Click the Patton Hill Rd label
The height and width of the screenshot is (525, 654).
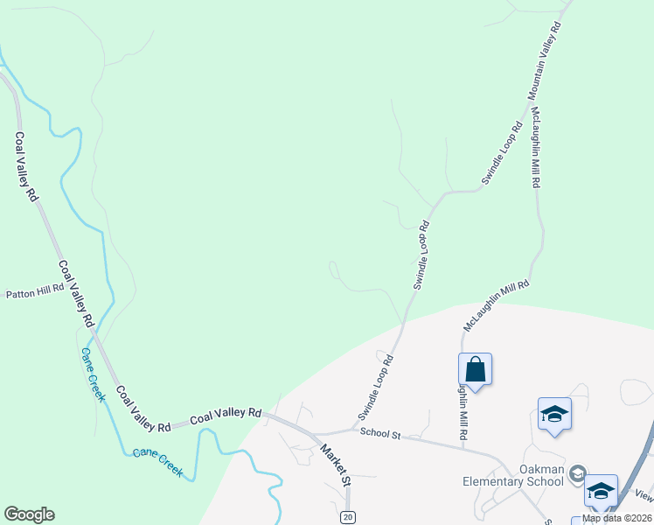pyautogui.click(x=34, y=291)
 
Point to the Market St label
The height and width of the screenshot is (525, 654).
pyautogui.click(x=335, y=466)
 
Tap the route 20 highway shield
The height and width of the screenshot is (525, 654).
pyautogui.click(x=348, y=516)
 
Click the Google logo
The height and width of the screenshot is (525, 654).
pyautogui.click(x=29, y=514)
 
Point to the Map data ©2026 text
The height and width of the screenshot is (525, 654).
pyautogui.click(x=617, y=518)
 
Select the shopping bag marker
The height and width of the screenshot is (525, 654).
pyautogui.click(x=475, y=369)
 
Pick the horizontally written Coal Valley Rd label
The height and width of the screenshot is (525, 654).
pyautogui.click(x=226, y=413)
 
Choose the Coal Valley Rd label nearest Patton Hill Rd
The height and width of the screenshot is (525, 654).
pyautogui.click(x=76, y=293)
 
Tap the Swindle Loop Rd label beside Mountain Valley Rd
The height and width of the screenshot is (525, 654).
pyautogui.click(x=502, y=154)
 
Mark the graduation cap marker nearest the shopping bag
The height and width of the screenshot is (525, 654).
pyautogui.click(x=554, y=414)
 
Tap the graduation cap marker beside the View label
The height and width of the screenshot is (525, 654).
pyautogui.click(x=601, y=491)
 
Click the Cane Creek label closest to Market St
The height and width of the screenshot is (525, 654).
pyautogui.click(x=158, y=464)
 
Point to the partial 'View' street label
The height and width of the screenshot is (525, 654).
pyautogui.click(x=644, y=496)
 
